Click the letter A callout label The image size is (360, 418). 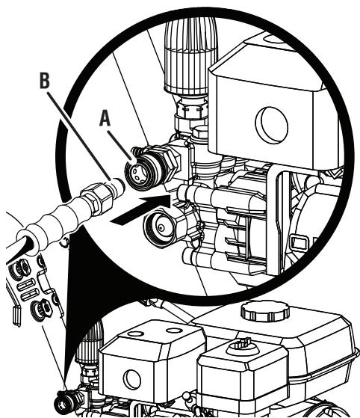pos(105,119)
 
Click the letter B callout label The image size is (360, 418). pos(45,80)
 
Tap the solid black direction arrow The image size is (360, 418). pos(141,209)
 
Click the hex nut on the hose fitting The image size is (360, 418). pos(96,198)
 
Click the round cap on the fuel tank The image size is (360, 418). pos(265,311)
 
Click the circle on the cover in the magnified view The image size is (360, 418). pos(272,126)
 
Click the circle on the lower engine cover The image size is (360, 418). pos(132,379)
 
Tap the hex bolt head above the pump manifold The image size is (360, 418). pos(200,133)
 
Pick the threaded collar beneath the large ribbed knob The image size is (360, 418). pos(192,107)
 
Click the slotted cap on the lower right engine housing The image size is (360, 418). pos(242,346)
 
